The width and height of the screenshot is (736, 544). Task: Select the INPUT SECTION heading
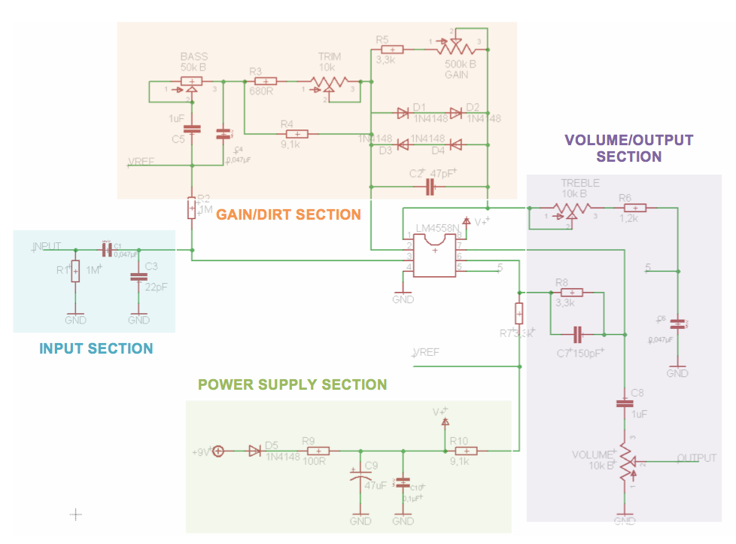[96, 349]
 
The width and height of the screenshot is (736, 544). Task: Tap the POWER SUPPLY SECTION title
[292, 385]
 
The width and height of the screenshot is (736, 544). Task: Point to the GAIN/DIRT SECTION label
[288, 215]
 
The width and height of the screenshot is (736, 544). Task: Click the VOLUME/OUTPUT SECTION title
[628, 148]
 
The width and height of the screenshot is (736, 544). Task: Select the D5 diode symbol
[254, 451]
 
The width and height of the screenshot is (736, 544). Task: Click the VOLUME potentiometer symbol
[625, 458]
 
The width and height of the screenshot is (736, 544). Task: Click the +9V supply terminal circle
[218, 451]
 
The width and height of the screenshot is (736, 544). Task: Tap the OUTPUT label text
[697, 457]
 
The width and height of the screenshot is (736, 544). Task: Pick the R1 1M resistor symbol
[75, 270]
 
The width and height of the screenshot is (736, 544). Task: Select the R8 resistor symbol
[572, 293]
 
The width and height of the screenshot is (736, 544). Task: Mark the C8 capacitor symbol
[625, 403]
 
